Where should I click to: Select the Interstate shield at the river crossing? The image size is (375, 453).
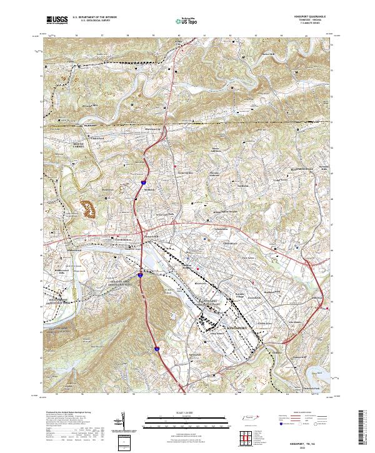(x=141, y=272)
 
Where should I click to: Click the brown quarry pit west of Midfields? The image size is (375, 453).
(x=88, y=208)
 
